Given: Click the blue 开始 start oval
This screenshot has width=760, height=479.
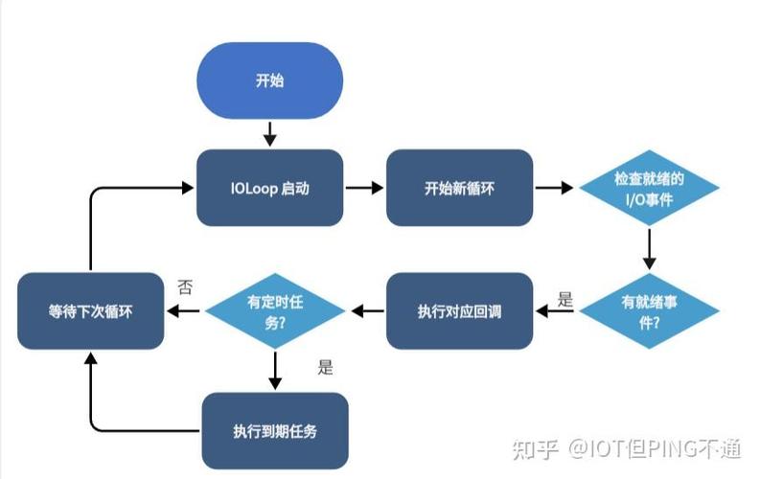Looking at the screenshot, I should [269, 80].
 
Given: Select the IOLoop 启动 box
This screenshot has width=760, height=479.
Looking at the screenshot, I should [269, 188].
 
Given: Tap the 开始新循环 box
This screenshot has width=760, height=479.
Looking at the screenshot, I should [459, 188].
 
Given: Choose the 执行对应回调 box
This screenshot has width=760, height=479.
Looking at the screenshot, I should [459, 309].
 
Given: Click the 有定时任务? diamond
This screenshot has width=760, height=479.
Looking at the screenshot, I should [275, 309].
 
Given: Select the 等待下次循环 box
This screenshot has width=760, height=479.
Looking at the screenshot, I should [90, 309].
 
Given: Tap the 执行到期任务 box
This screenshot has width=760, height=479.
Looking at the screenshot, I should [274, 430].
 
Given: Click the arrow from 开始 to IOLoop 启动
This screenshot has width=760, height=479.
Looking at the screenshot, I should [269, 133].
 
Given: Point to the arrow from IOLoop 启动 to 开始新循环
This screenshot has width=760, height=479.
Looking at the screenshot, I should [363, 188].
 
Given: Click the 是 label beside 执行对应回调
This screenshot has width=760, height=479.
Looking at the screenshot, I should [564, 300].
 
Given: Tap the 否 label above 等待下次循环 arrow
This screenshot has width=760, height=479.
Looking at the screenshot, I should [186, 286].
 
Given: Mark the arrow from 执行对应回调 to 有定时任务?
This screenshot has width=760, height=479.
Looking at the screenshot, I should [368, 309].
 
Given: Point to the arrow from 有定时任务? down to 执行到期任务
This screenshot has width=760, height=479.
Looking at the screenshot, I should [275, 369].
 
